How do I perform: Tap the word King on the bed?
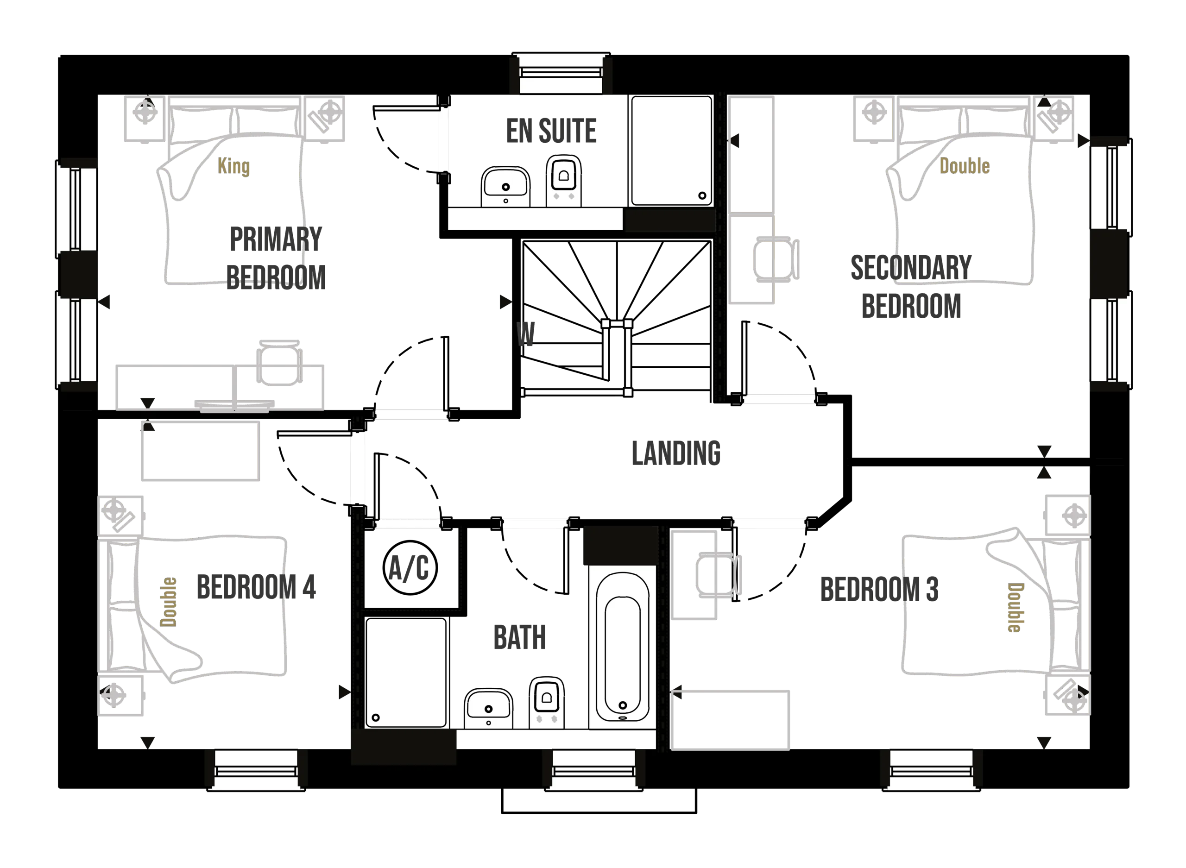pyautogui.click(x=234, y=167)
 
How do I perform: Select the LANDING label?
pyautogui.click(x=676, y=453)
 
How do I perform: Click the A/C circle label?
pyautogui.click(x=409, y=568)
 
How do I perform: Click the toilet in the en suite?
pyautogui.click(x=564, y=180)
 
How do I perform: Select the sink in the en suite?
pyautogui.click(x=505, y=187)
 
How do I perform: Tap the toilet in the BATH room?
pyautogui.click(x=547, y=704)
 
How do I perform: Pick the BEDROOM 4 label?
pyautogui.click(x=257, y=586)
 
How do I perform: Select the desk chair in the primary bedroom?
pyautogui.click(x=279, y=362)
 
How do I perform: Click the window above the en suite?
pyautogui.click(x=561, y=74)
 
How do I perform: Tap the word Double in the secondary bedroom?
pyautogui.click(x=964, y=167)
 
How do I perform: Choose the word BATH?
pyautogui.click(x=520, y=637)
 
